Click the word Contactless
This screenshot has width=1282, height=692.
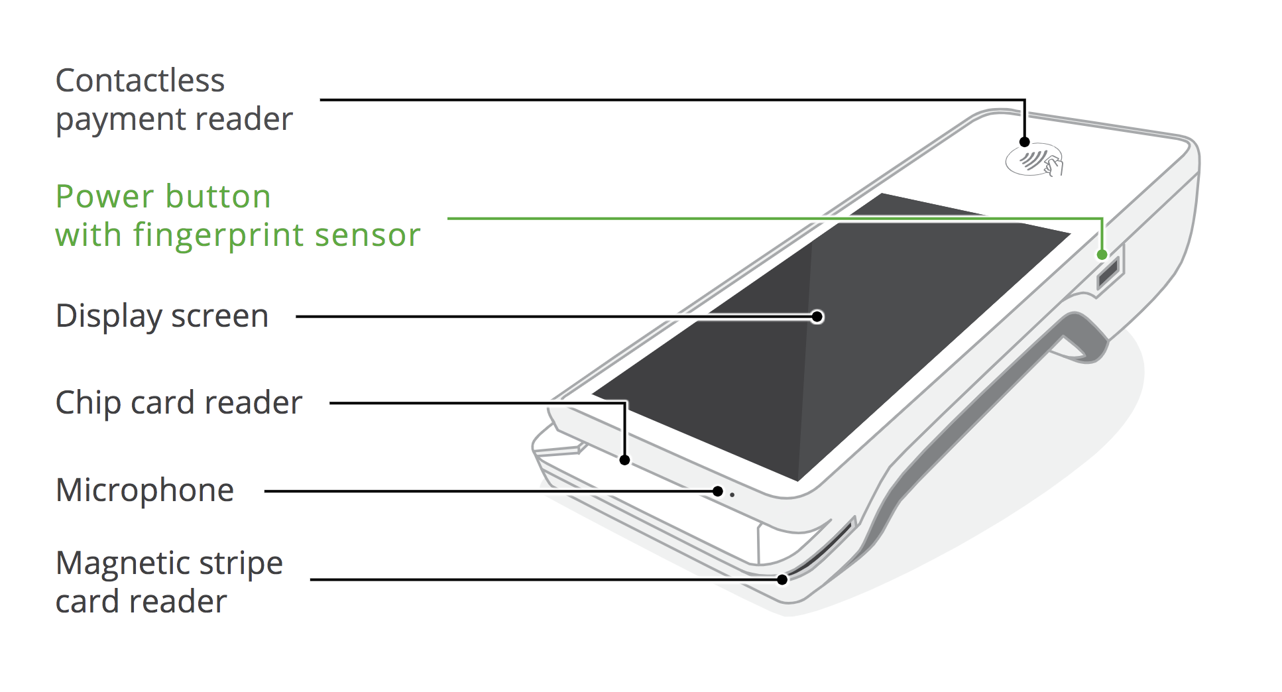click(140, 81)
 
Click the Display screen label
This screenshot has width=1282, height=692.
click(162, 316)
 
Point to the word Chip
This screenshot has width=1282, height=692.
click(87, 403)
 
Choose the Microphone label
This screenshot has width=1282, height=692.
click(145, 490)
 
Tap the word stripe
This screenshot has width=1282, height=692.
click(241, 564)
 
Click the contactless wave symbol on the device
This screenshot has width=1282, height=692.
click(1034, 161)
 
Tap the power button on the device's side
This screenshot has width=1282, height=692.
click(1108, 272)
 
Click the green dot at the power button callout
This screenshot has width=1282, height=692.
click(1102, 255)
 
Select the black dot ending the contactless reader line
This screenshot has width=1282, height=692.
click(1024, 142)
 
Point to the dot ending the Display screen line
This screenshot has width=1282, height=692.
click(817, 317)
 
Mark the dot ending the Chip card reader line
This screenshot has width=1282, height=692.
click(624, 460)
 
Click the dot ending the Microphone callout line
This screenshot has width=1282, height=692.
click(718, 491)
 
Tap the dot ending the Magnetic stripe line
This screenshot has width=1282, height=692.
click(782, 580)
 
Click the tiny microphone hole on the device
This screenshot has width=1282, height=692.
click(732, 494)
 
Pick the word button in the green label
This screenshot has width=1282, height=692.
click(218, 196)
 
